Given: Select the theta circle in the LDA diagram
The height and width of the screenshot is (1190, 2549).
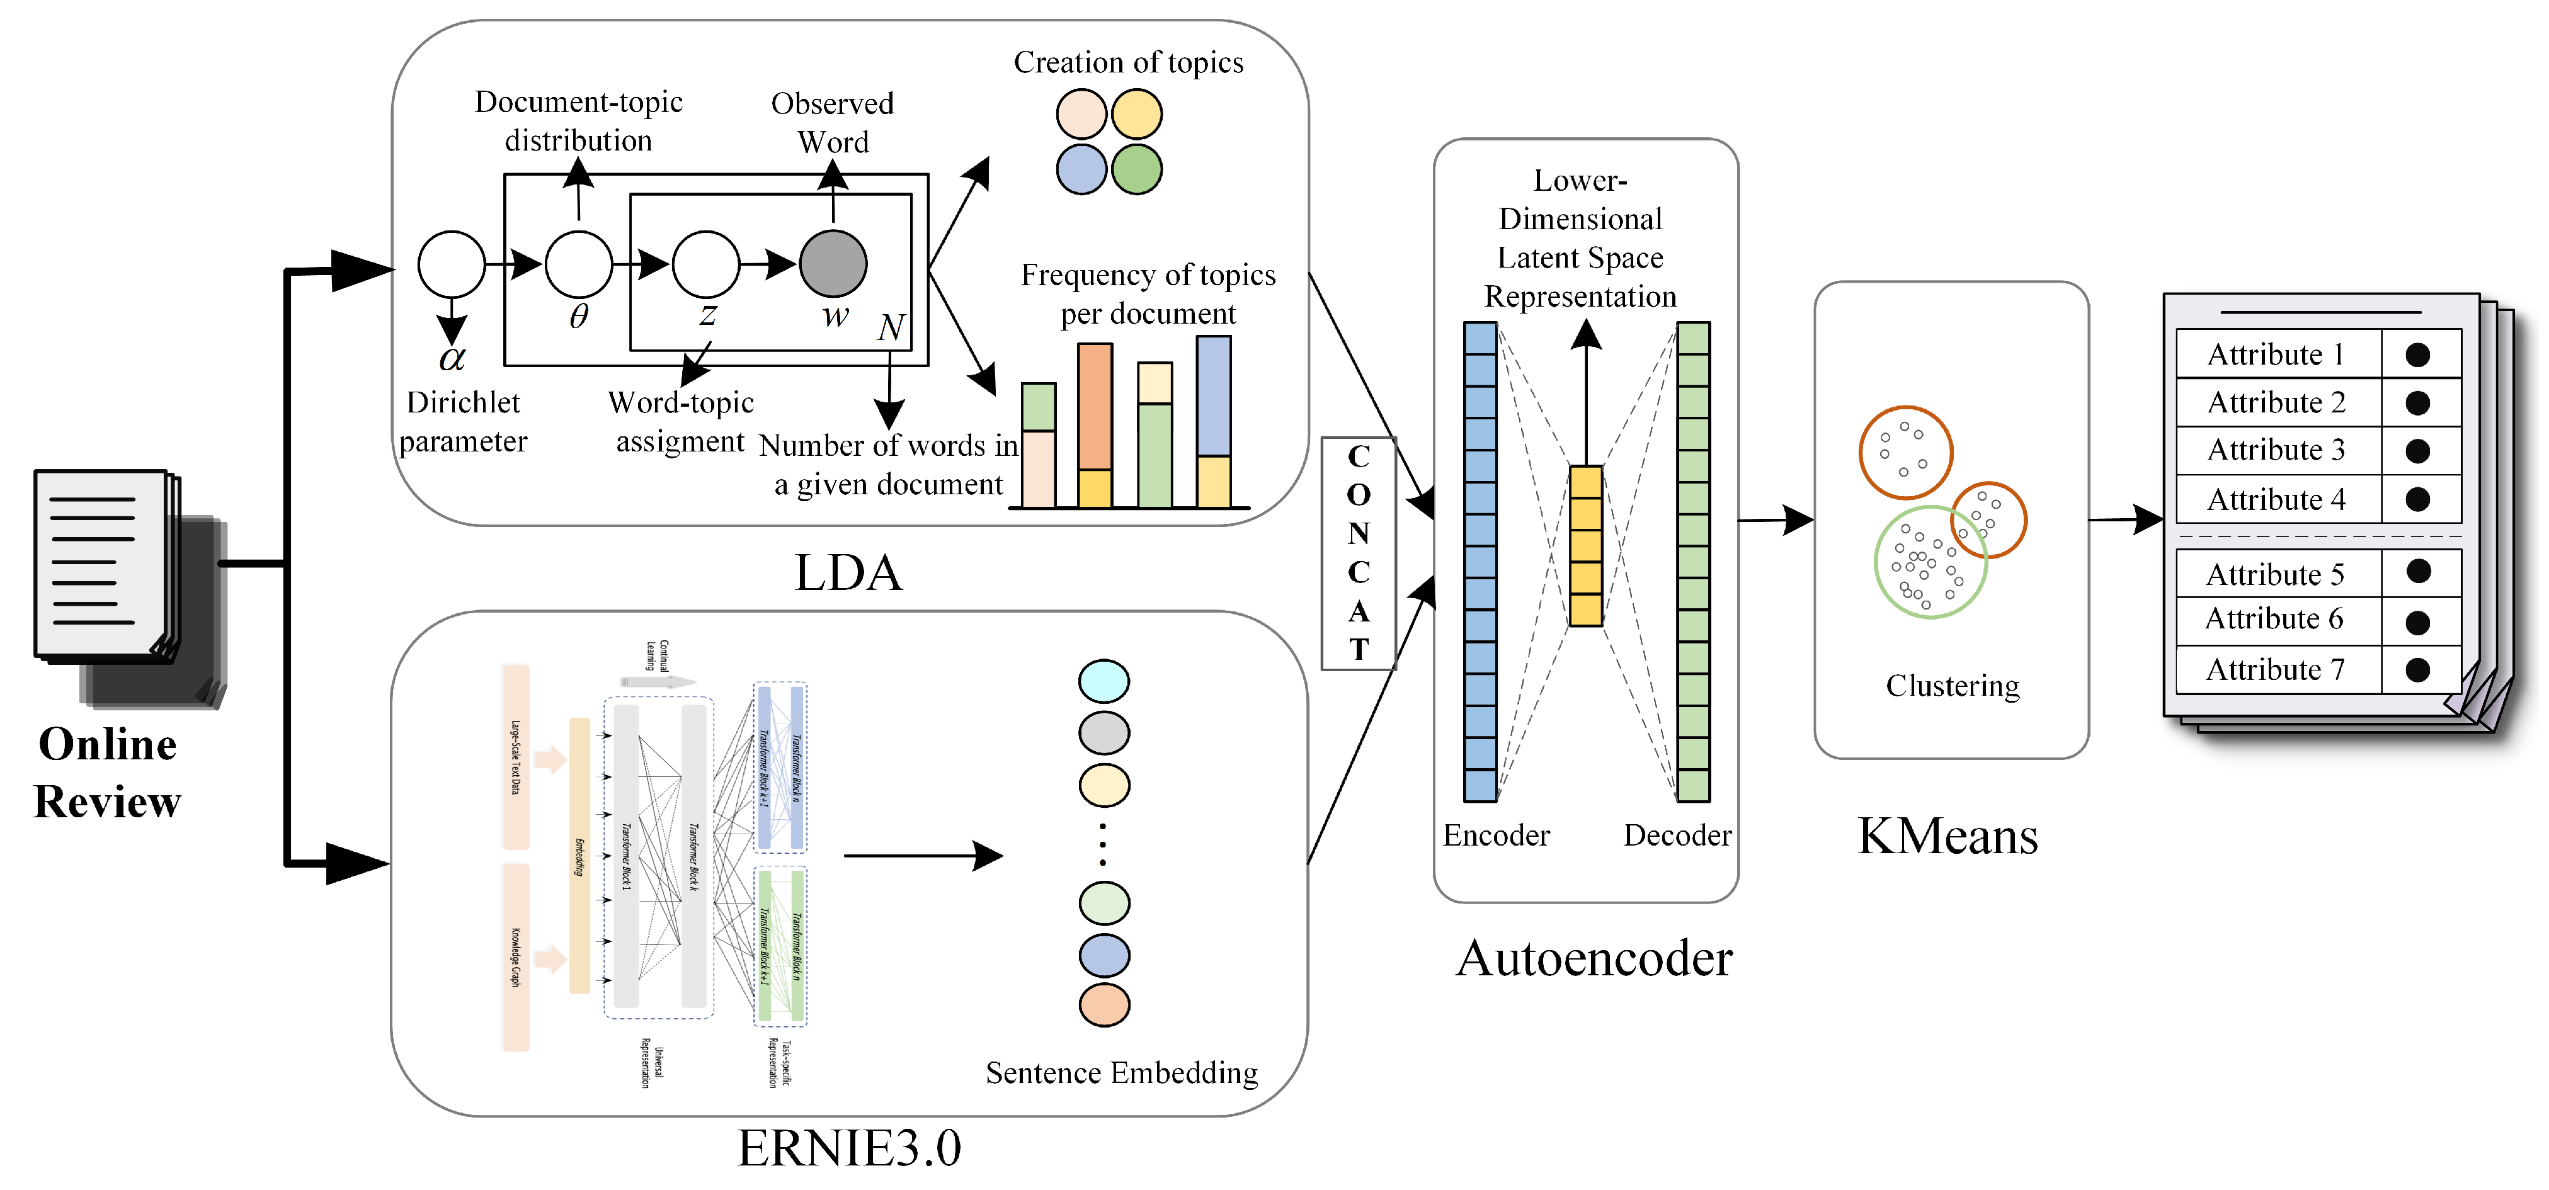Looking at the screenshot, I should [x=579, y=264].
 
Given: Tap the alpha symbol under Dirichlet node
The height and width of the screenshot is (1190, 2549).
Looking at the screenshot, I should [x=452, y=358].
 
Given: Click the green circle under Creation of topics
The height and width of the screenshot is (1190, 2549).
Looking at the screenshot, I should [x=1136, y=169].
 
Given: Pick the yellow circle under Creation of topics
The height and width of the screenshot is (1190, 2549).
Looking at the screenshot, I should [x=1136, y=114].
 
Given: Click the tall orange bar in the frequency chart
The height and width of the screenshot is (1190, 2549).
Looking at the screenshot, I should [x=1095, y=407].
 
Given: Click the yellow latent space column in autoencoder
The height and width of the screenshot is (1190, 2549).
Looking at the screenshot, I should [x=1585, y=546].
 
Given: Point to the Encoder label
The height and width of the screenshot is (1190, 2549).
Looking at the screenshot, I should [x=1495, y=835].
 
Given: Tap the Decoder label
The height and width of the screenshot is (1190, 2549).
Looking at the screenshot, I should [x=1677, y=835].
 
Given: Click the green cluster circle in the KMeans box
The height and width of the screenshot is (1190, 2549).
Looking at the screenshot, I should [x=1930, y=562].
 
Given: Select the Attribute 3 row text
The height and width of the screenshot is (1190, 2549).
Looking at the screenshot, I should [x=2275, y=450].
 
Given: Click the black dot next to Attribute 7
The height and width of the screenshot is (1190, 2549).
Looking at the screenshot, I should [x=2417, y=670].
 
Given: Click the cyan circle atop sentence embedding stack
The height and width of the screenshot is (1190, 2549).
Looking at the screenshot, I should [x=1103, y=681].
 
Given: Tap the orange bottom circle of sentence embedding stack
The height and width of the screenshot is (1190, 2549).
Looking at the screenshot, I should [x=1103, y=1005].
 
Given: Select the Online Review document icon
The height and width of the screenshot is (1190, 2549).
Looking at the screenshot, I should [x=123, y=584].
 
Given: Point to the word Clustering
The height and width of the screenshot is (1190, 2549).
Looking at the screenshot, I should [x=1951, y=686].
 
